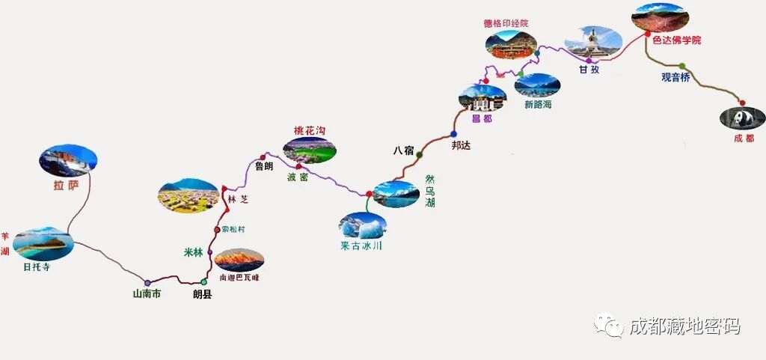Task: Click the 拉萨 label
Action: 66,185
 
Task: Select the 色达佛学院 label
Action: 676,40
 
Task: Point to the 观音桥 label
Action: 675,77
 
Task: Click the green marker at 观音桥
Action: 681,66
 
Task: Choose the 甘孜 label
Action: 589,70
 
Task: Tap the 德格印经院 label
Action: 506,23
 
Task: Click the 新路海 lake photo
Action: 536,85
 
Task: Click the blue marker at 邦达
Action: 453,134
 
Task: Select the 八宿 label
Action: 403,150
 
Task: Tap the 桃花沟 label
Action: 310,130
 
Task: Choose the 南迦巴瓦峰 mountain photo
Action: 239,260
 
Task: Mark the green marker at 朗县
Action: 203,282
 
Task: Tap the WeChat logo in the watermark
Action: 608,325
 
